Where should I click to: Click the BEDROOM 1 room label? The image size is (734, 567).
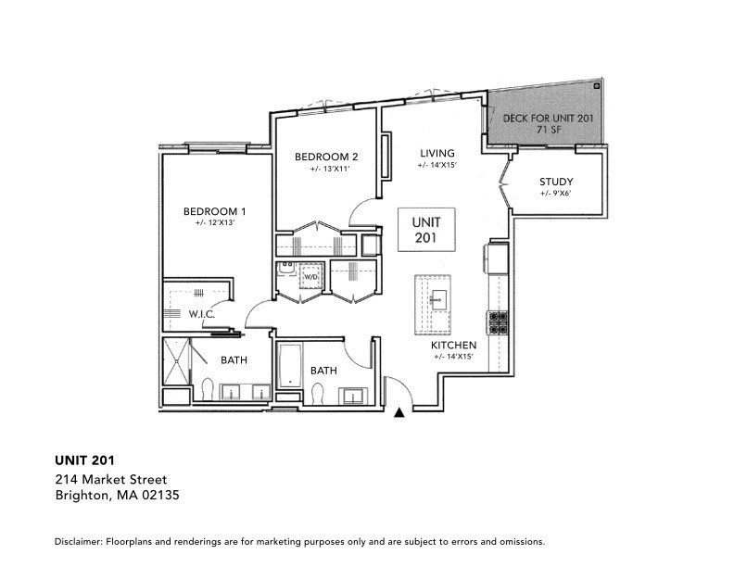pyautogui.click(x=214, y=210)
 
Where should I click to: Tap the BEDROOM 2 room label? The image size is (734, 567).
pyautogui.click(x=326, y=157)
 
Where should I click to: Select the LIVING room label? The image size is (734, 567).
pyautogui.click(x=437, y=154)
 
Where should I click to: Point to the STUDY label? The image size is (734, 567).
pyautogui.click(x=556, y=182)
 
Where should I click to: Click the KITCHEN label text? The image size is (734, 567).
pyautogui.click(x=453, y=345)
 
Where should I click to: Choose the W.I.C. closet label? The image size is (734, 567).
pyautogui.click(x=201, y=314)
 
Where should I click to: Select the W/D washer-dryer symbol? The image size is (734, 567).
pyautogui.click(x=312, y=276)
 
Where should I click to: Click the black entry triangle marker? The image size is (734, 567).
pyautogui.click(x=399, y=413)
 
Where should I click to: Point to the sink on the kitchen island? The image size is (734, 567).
pyautogui.click(x=436, y=298)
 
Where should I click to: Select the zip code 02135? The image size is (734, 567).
pyautogui.click(x=160, y=496)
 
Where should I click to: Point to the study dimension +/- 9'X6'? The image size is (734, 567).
pyautogui.click(x=556, y=195)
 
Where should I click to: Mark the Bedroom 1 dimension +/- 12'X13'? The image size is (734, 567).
pyautogui.click(x=214, y=223)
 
